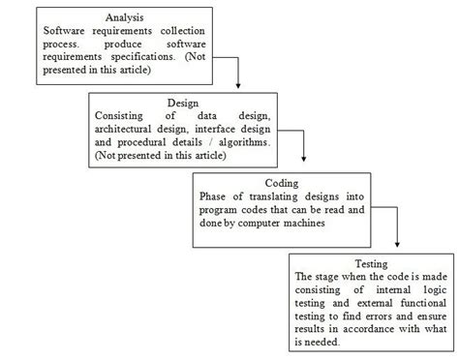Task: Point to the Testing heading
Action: tap(372, 263)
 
